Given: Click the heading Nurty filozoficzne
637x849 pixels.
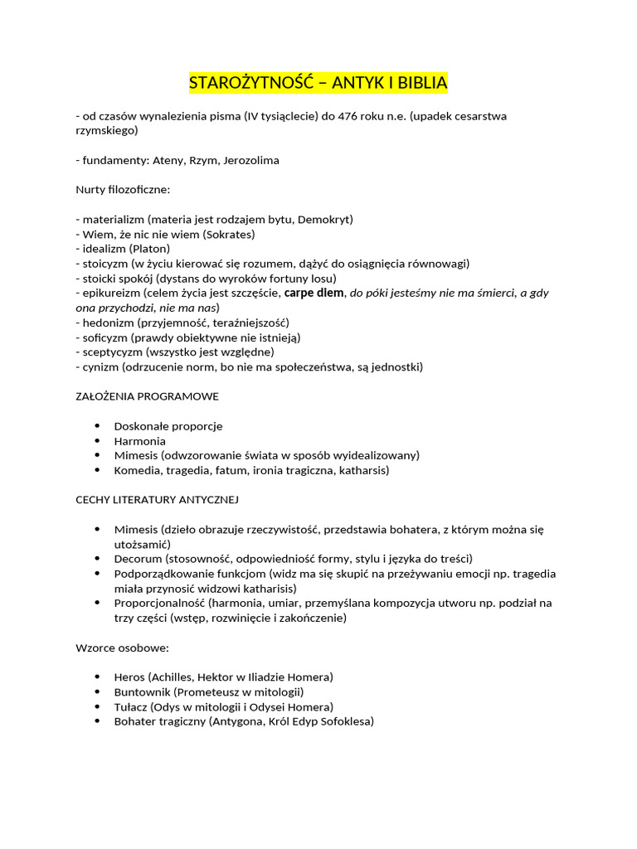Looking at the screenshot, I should click(123, 190).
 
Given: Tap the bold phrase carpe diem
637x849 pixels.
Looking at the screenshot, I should click(314, 293).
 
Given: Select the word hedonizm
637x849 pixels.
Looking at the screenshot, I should click(105, 323).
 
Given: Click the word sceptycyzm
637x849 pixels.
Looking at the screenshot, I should click(109, 352).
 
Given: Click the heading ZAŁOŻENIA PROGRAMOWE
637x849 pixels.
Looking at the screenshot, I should click(147, 396).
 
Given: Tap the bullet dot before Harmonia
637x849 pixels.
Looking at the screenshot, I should click(97, 441).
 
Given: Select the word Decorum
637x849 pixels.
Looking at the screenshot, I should click(138, 559).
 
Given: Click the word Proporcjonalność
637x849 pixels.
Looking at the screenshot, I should click(159, 603).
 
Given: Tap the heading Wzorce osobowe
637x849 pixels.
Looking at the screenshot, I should click(122, 648).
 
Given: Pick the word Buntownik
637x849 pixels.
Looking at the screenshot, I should click(142, 691).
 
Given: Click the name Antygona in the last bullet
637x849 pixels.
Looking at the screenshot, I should click(239, 721).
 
